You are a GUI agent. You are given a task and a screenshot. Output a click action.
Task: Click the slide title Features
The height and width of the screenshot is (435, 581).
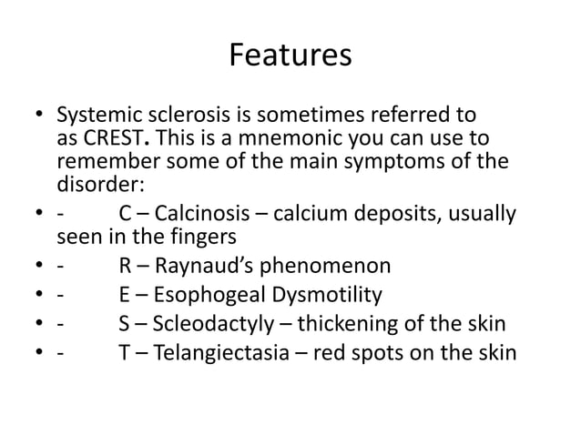point(290,56)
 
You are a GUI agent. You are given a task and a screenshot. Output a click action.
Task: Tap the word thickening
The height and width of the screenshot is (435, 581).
point(341,324)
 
